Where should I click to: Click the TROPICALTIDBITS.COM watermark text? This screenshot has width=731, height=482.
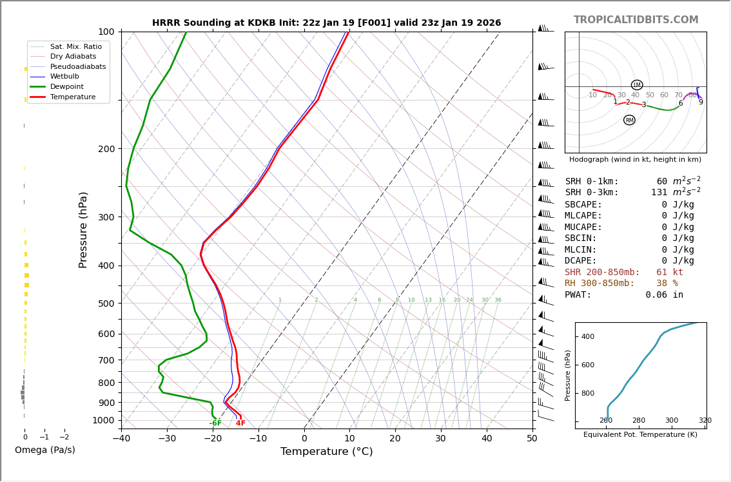point(636,20)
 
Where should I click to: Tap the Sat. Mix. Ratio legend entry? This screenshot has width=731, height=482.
point(75,47)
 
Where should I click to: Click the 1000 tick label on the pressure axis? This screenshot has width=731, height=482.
point(103,421)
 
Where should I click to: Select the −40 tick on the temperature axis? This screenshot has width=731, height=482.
point(121,439)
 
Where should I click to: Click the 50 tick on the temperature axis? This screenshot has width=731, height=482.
point(532,439)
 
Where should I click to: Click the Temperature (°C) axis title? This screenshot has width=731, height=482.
point(326,452)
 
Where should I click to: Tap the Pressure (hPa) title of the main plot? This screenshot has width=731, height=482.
point(83,229)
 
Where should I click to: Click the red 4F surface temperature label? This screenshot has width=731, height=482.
point(240,423)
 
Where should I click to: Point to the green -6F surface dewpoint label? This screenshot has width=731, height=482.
point(215,423)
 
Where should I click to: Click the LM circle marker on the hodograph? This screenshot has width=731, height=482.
point(637,85)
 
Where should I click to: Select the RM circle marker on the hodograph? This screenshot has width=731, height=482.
point(629,120)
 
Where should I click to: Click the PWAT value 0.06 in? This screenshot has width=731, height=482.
point(664,295)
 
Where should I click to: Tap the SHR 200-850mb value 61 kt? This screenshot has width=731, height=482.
point(669,273)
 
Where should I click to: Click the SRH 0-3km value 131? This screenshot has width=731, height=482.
point(659,193)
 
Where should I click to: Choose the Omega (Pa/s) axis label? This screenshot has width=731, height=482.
point(45,450)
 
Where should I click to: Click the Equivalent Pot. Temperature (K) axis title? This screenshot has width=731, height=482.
point(640,435)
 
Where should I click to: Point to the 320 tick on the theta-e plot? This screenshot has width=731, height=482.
point(705,421)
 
